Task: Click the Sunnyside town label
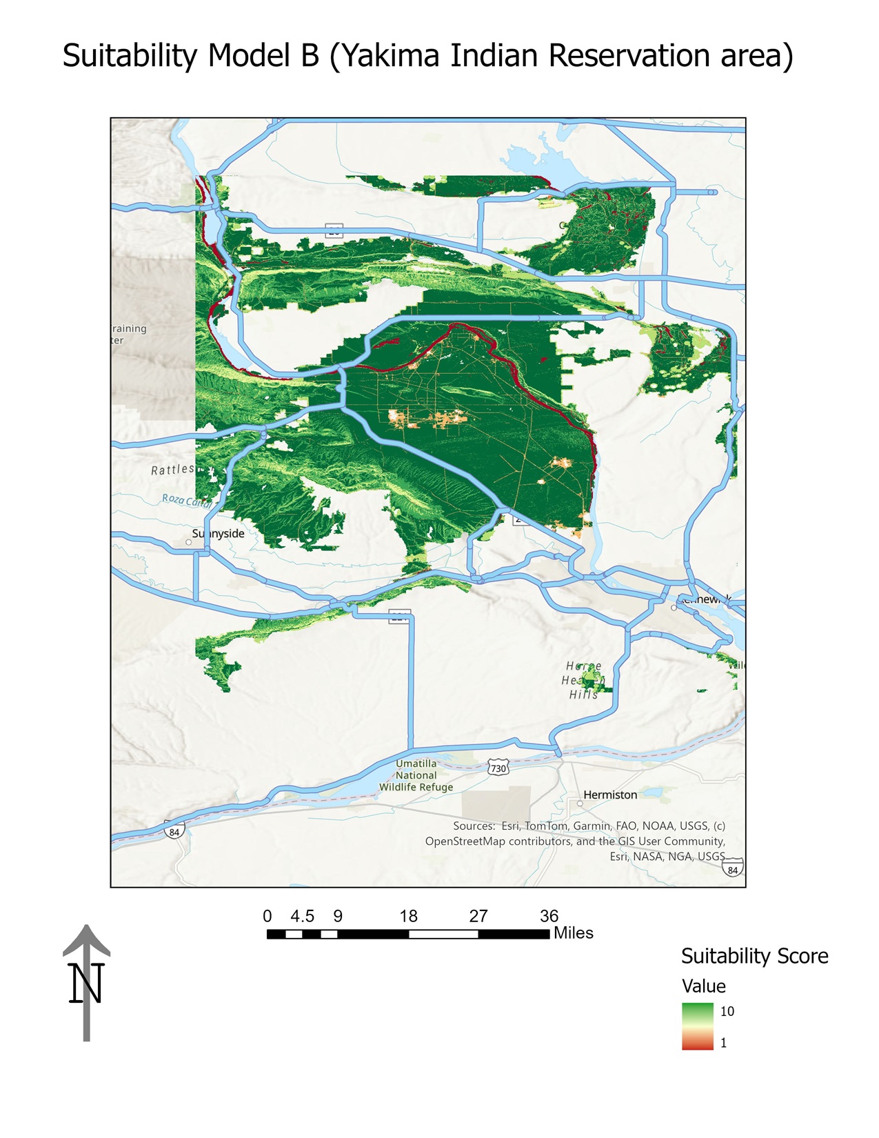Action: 218,534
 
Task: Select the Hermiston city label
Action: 610,795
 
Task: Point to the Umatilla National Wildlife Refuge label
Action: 416,775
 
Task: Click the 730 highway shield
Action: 498,768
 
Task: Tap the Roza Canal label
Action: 187,500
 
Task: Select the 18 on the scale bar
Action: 408,917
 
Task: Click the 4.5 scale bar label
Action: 302,917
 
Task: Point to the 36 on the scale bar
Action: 549,917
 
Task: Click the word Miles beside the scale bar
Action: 573,933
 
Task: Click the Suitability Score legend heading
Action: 754,957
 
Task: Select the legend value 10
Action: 727,1012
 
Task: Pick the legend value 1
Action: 723,1044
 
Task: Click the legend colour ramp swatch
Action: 697,1026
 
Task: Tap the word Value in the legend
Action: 703,986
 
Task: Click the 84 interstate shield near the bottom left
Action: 174,832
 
